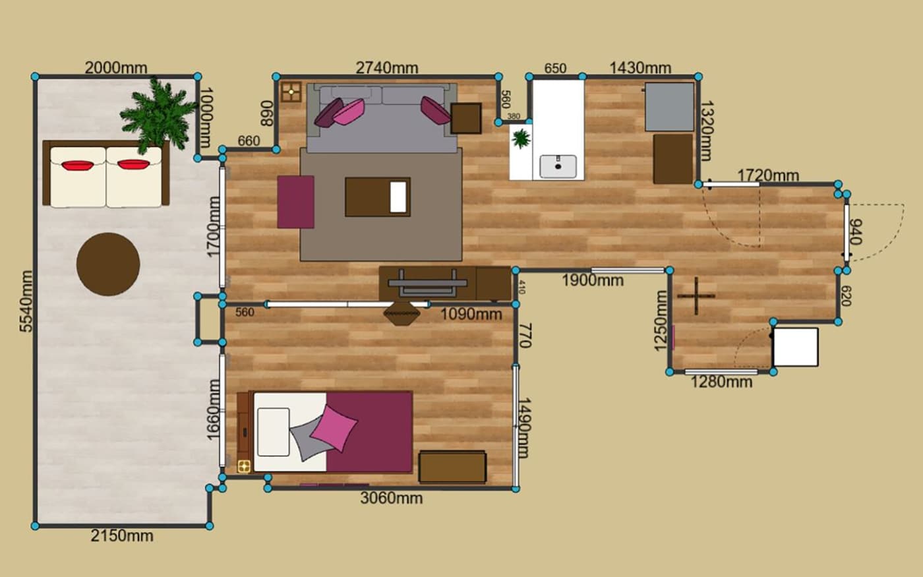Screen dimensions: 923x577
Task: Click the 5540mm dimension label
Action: (26, 301)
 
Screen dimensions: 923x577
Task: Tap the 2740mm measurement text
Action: (387, 68)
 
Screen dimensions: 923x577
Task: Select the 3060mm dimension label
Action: (392, 499)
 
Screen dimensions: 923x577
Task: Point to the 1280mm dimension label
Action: (721, 382)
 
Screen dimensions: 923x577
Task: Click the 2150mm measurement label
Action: (122, 535)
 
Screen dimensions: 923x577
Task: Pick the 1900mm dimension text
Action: (593, 281)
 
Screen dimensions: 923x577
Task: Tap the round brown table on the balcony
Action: (108, 264)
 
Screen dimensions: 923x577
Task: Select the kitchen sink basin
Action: (558, 166)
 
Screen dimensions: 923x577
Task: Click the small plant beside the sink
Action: (521, 138)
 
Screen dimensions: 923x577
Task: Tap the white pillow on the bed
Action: (273, 432)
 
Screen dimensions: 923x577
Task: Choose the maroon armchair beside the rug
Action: (295, 202)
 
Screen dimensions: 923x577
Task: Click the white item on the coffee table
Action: (398, 197)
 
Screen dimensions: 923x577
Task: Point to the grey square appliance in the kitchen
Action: (670, 107)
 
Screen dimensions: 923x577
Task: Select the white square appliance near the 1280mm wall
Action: (796, 347)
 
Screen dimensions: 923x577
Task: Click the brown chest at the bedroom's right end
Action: (452, 467)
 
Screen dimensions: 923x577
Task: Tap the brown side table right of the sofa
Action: (466, 118)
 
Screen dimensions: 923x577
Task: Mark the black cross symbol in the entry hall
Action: (696, 296)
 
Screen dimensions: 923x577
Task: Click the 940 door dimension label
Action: (856, 231)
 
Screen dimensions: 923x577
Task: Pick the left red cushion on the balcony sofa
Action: (78, 165)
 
